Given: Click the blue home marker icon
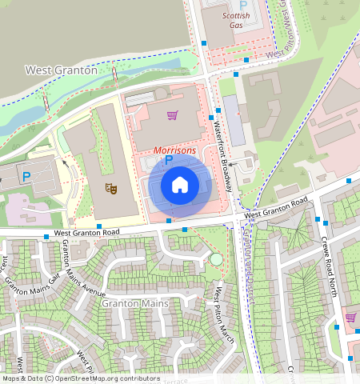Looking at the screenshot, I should pos(180,185).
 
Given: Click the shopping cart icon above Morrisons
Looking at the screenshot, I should pos(172,115).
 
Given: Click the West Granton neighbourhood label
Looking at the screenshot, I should pos(61,70).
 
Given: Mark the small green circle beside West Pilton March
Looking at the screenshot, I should pos(215,259).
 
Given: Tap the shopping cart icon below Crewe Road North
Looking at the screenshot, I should pos(350,318).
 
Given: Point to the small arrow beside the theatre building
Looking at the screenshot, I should pos(65,165).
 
